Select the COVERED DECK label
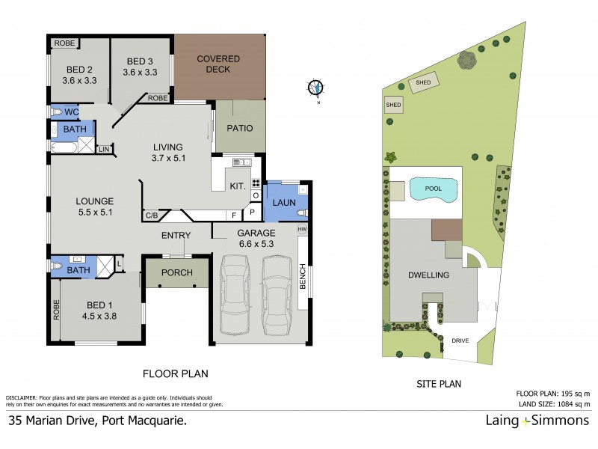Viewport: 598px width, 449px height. pyautogui.click(x=218, y=64)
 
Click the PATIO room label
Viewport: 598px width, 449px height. pyautogui.click(x=240, y=128)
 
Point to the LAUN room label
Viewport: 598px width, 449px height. pyautogui.click(x=283, y=203)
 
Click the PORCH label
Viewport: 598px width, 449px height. pyautogui.click(x=177, y=272)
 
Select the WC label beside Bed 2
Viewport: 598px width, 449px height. pyautogui.click(x=72, y=112)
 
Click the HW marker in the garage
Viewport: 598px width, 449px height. pyautogui.click(x=303, y=229)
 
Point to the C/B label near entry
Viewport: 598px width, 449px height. pyautogui.click(x=150, y=217)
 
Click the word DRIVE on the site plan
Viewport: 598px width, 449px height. pyautogui.click(x=460, y=340)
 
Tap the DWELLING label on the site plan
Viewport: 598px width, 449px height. pyautogui.click(x=429, y=275)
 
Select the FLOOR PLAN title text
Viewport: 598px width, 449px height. pyautogui.click(x=175, y=373)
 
